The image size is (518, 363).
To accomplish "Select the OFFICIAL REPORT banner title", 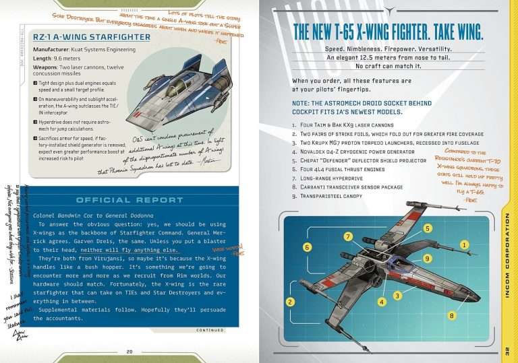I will [129, 200].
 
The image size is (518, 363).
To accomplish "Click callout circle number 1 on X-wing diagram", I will [464, 244].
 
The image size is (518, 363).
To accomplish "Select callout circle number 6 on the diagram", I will [307, 247].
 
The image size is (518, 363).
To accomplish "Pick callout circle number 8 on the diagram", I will [451, 315].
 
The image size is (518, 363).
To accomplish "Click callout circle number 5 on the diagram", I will [428, 229].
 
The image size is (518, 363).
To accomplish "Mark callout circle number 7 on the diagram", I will [347, 237].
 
